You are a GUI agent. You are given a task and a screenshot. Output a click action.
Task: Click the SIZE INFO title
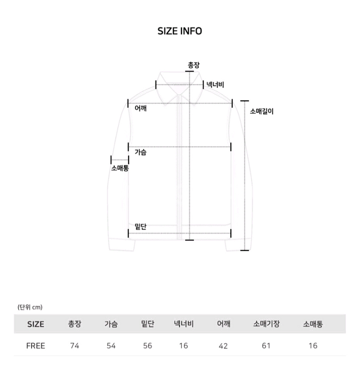(180, 31)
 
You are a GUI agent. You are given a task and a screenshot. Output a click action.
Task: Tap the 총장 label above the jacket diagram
(193, 65)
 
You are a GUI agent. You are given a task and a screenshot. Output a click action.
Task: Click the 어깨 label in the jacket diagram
(141, 109)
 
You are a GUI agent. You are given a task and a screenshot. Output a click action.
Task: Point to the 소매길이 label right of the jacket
(262, 111)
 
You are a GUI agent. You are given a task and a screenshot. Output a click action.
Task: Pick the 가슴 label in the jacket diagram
(141, 152)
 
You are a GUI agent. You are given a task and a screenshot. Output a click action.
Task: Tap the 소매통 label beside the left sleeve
(120, 168)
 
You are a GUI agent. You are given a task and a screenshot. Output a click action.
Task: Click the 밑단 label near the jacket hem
(141, 226)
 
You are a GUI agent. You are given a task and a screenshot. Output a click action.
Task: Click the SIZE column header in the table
(36, 324)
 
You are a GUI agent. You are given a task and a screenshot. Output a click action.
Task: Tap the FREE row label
(36, 346)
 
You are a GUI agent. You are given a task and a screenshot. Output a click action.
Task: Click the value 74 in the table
(74, 346)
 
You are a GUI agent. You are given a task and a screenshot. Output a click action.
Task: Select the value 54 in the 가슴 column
(111, 346)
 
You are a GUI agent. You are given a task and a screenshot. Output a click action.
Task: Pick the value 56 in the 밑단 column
(147, 346)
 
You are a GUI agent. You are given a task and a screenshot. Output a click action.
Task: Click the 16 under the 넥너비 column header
(184, 346)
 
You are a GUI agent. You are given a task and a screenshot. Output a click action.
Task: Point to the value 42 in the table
(223, 346)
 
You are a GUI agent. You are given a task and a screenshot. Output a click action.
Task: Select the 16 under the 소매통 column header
(312, 346)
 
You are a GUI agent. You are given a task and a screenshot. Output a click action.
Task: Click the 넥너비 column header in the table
(184, 324)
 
